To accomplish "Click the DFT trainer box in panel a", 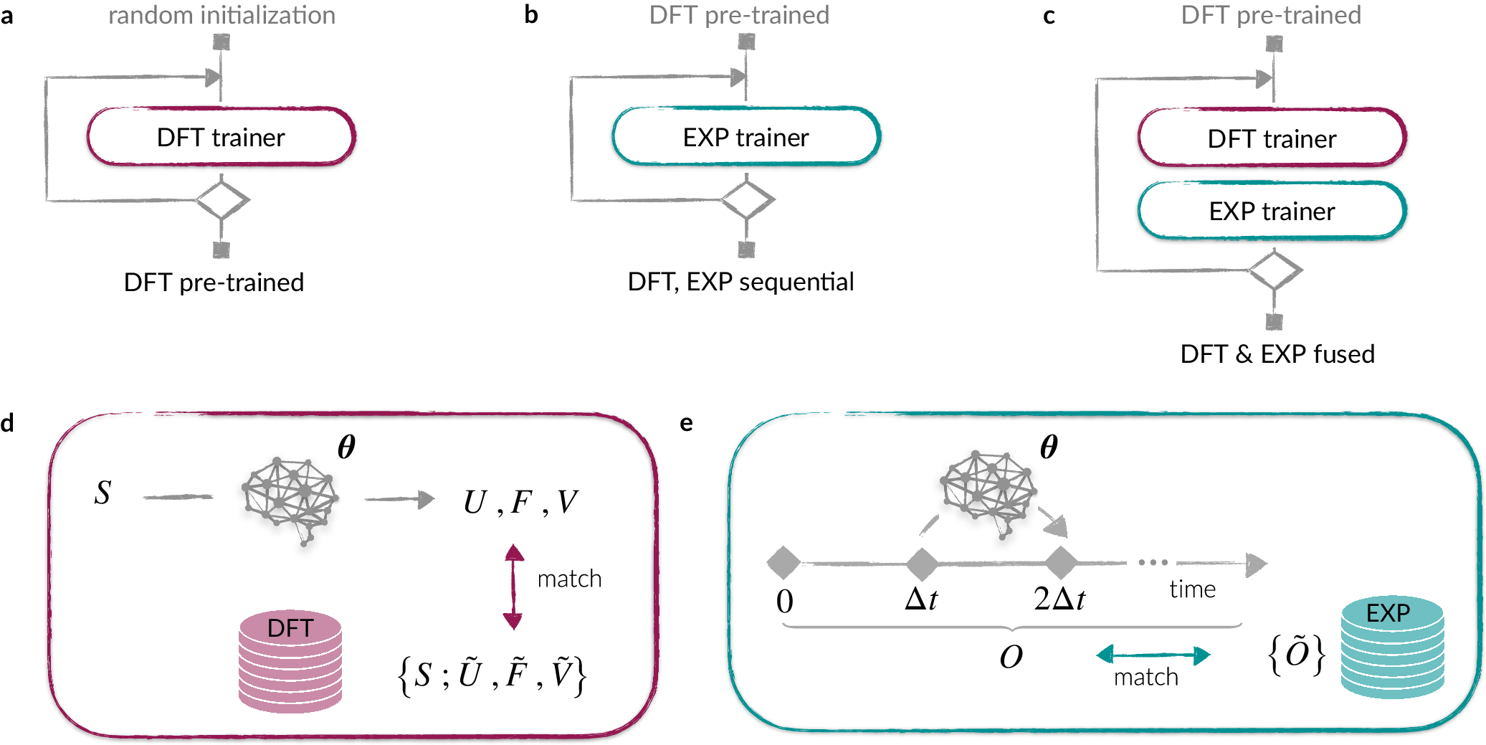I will click(221, 137).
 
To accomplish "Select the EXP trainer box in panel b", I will click(746, 137).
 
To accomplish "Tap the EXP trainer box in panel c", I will click(1272, 211).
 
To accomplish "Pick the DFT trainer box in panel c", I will click(1272, 138).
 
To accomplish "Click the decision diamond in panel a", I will click(222, 200).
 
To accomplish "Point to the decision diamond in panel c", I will click(1275, 271).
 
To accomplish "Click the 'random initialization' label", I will click(222, 15).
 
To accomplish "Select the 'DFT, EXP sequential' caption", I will click(740, 282).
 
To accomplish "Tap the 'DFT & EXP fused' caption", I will click(1277, 354).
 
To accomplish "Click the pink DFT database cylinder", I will click(290, 660).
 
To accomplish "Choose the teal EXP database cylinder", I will click(1391, 647).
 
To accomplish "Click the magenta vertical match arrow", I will click(513, 587).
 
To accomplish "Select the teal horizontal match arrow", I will click(1153, 655).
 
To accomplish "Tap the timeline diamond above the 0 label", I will click(784, 563).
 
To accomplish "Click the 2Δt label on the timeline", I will click(1059, 598).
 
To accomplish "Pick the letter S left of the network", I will click(103, 493).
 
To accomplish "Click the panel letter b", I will click(530, 15).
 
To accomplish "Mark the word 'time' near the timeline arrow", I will click(1192, 589).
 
